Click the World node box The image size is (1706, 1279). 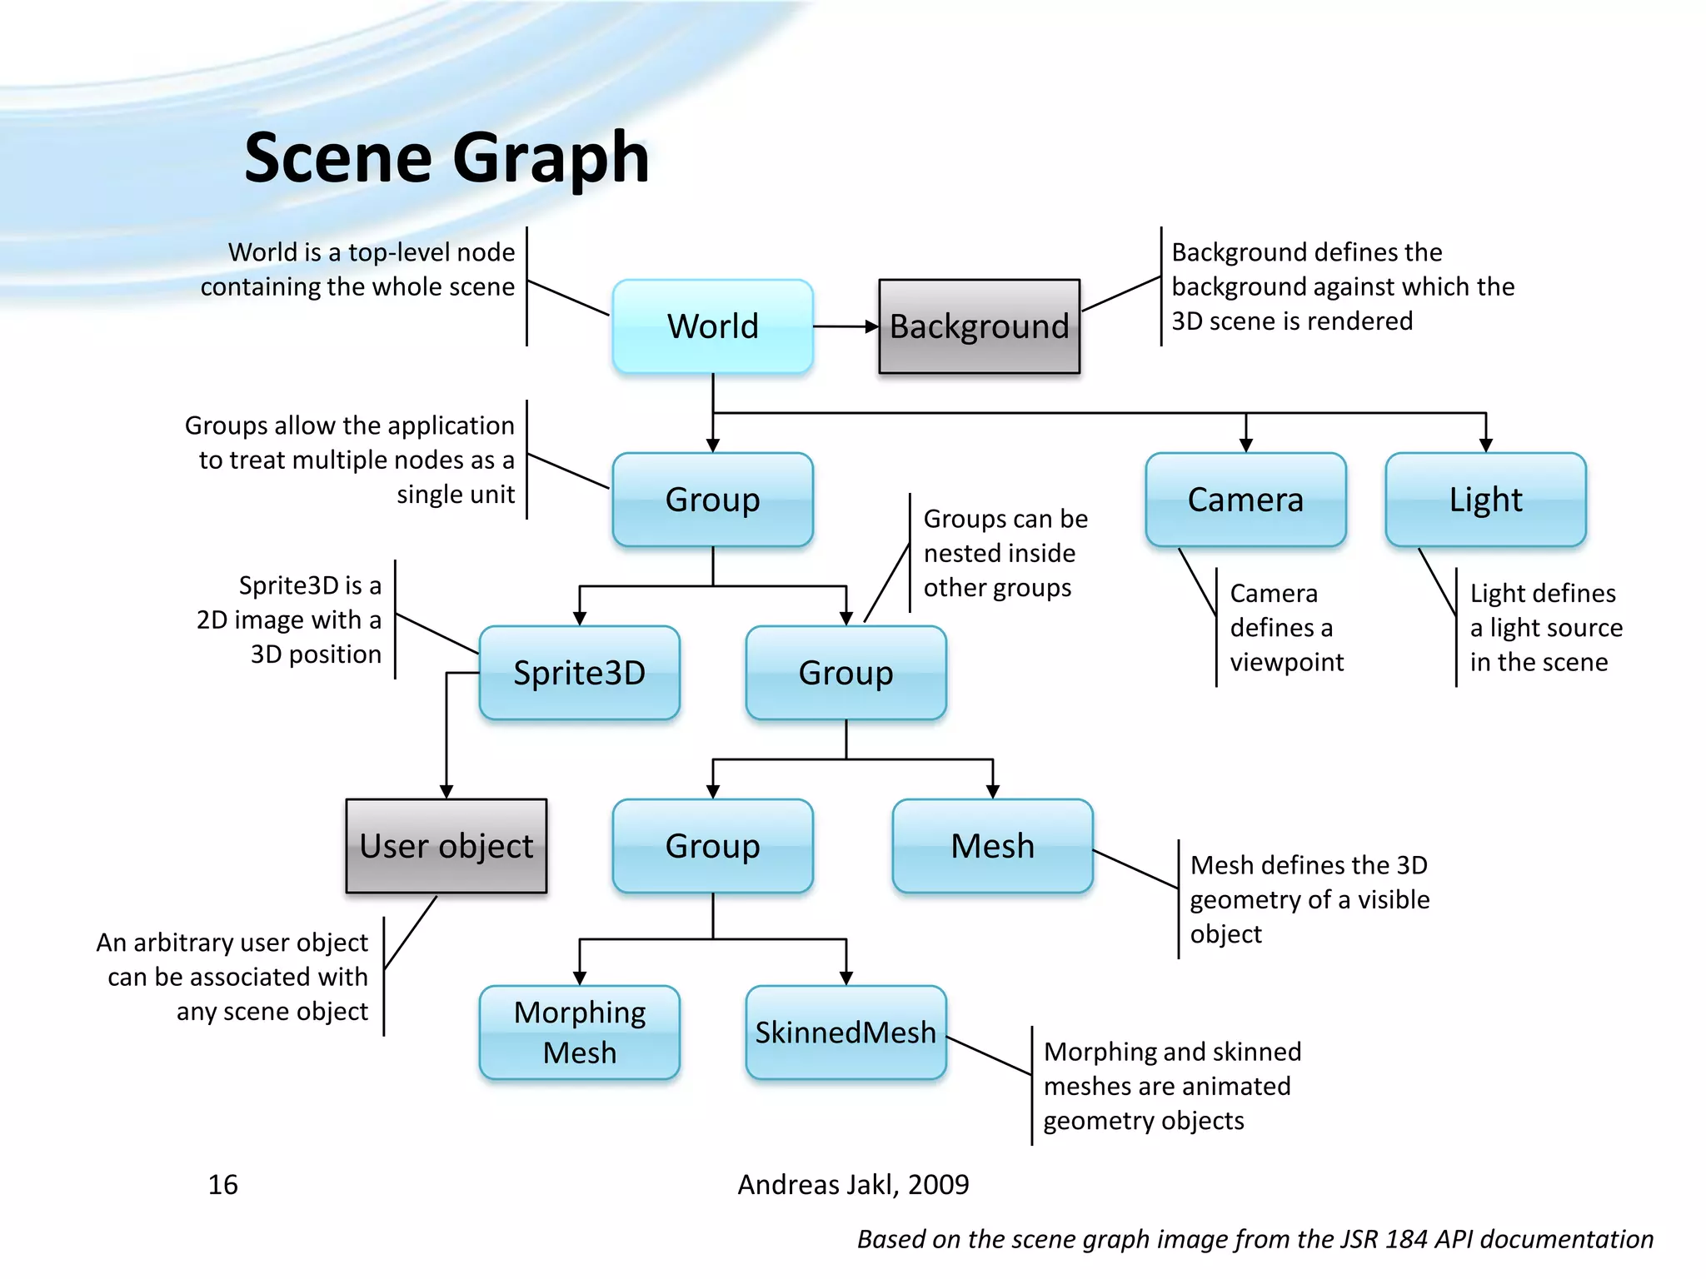pos(712,326)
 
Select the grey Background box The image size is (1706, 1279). pos(979,326)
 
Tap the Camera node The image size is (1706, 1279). pos(1245,500)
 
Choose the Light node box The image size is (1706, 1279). pos(1485,500)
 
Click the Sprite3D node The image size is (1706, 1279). pos(579,673)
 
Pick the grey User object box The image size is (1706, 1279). pos(446,846)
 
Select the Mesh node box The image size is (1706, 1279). pos(992,846)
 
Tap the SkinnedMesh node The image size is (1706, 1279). pos(846,1033)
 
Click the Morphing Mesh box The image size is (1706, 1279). pos(579,1033)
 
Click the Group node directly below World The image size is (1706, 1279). pos(712,500)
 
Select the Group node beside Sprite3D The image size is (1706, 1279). pos(846,673)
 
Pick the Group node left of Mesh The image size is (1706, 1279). pos(712,846)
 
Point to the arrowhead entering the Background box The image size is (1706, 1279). pos(872,326)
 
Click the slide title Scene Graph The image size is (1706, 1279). pos(446,158)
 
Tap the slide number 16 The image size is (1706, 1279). pos(222,1184)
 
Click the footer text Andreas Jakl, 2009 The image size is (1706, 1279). pos(853,1184)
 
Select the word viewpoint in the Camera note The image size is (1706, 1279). pos(1286,662)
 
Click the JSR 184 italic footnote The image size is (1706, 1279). pos(1255,1239)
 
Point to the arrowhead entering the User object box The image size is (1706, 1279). pos(446,792)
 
